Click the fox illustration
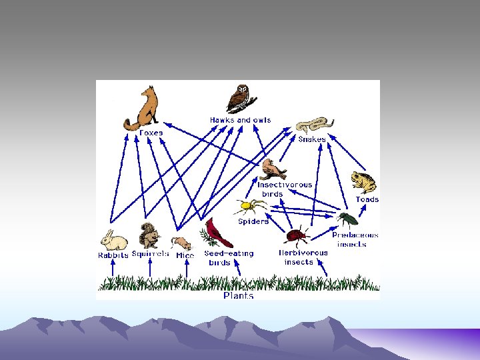(143, 108)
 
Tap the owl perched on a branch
(238, 99)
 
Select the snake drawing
(314, 125)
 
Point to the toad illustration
(365, 181)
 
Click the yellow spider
(251, 206)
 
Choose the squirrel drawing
(149, 235)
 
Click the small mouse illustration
(181, 243)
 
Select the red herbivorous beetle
(296, 236)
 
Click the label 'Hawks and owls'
(240, 120)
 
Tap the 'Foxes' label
(150, 133)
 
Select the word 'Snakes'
(312, 139)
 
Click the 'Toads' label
(367, 199)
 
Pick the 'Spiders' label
(253, 221)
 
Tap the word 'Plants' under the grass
(238, 295)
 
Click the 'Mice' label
(185, 255)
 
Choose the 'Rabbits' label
(113, 255)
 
